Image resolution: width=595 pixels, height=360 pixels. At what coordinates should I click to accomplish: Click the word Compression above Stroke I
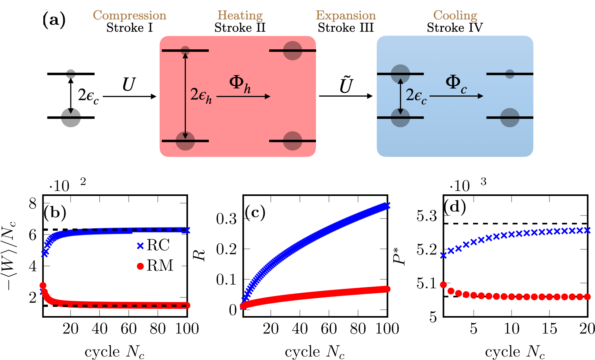[129, 15]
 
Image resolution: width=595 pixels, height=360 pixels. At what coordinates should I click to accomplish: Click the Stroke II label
[240, 28]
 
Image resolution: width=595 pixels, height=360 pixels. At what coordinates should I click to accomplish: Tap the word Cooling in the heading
[455, 15]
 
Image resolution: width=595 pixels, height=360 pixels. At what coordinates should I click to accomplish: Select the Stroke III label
[345, 28]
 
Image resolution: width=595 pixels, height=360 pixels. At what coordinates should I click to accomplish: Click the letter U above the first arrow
[129, 85]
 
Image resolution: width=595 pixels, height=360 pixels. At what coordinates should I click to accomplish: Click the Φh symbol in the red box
[240, 84]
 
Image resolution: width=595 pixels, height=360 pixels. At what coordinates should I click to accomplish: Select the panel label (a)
[54, 20]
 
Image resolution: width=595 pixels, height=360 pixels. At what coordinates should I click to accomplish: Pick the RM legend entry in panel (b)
[155, 265]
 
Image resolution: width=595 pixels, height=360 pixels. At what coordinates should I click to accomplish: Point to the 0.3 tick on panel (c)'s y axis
[226, 219]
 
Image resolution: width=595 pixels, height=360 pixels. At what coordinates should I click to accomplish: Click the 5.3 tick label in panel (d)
[426, 216]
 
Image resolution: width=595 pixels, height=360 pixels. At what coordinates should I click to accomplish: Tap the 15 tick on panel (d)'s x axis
[549, 329]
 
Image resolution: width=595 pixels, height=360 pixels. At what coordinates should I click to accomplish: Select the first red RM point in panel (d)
[443, 285]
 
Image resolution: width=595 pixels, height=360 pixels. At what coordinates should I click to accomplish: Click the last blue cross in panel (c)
[387, 206]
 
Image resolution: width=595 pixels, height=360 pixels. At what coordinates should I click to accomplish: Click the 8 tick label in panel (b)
[33, 204]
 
